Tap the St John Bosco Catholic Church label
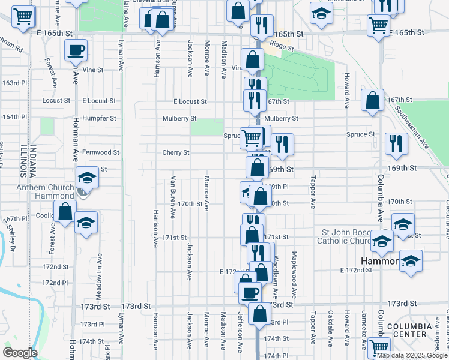[352, 236]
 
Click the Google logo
[20, 353]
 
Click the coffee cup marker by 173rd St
[249, 293]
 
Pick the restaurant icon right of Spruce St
[396, 144]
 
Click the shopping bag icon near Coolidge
[65, 212]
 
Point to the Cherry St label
[176, 152]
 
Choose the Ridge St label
[282, 46]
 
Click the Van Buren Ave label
[173, 197]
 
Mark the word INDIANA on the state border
[34, 162]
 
